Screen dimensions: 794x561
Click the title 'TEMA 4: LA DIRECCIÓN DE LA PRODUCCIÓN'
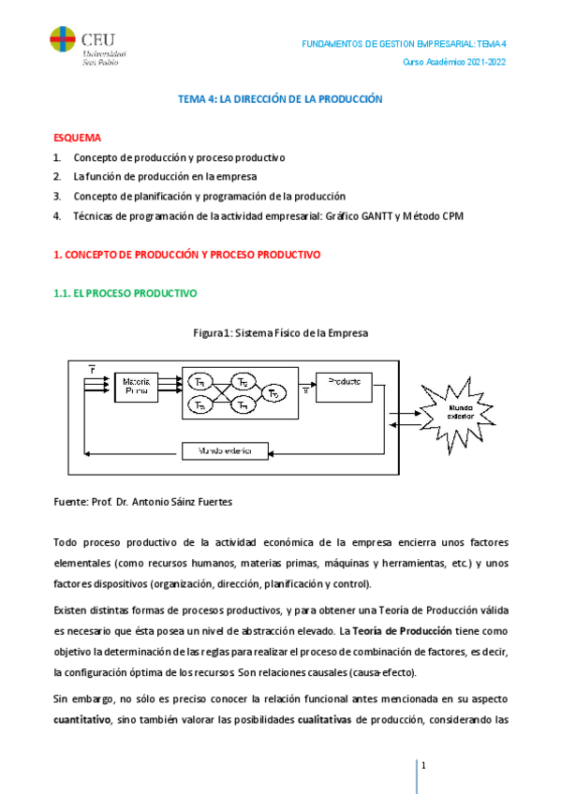[281, 98]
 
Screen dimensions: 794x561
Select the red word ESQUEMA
[78, 138]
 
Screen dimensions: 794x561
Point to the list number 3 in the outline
[57, 197]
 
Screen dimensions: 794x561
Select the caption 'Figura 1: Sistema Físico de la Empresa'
[281, 332]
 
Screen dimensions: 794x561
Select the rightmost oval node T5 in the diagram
[274, 393]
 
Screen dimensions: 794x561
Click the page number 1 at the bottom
[423, 767]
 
